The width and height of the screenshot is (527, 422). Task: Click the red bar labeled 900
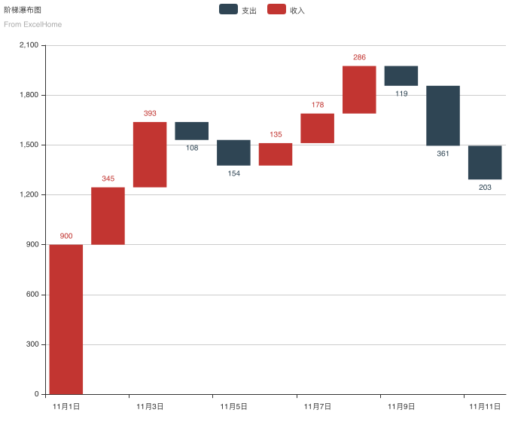tap(66, 319)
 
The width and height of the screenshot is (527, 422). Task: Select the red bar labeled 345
tap(108, 216)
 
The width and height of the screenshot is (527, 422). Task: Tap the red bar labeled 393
tap(150, 154)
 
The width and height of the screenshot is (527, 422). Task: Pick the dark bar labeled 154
tap(233, 152)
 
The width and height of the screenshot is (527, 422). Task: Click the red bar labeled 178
tap(317, 128)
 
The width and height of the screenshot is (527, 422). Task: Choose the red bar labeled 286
tap(359, 90)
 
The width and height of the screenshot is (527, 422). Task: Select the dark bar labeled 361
tap(443, 115)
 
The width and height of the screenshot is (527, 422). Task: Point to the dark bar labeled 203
tap(485, 162)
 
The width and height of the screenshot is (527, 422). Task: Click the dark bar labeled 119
tap(401, 75)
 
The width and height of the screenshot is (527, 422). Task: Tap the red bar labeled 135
tap(276, 154)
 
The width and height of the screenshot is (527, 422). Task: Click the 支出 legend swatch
tap(227, 10)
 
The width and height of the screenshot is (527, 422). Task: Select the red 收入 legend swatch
tap(276, 10)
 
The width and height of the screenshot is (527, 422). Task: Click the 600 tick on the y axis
tap(32, 295)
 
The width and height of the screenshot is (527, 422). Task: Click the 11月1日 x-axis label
tap(66, 406)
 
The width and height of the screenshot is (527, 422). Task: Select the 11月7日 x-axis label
tap(317, 406)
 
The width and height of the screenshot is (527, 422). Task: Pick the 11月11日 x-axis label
tap(485, 406)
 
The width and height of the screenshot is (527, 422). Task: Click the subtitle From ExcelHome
tap(32, 24)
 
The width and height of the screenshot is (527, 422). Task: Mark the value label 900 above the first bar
tap(66, 236)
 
